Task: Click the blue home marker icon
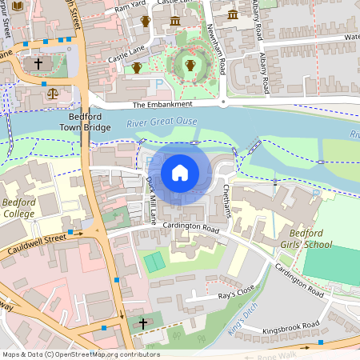click(x=180, y=173)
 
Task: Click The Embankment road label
click(x=162, y=105)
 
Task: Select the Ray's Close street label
click(x=236, y=294)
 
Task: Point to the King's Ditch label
click(x=238, y=318)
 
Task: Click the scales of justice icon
click(x=54, y=92)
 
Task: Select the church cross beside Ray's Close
click(x=143, y=323)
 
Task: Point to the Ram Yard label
click(x=129, y=7)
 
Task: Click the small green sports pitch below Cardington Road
click(x=154, y=261)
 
